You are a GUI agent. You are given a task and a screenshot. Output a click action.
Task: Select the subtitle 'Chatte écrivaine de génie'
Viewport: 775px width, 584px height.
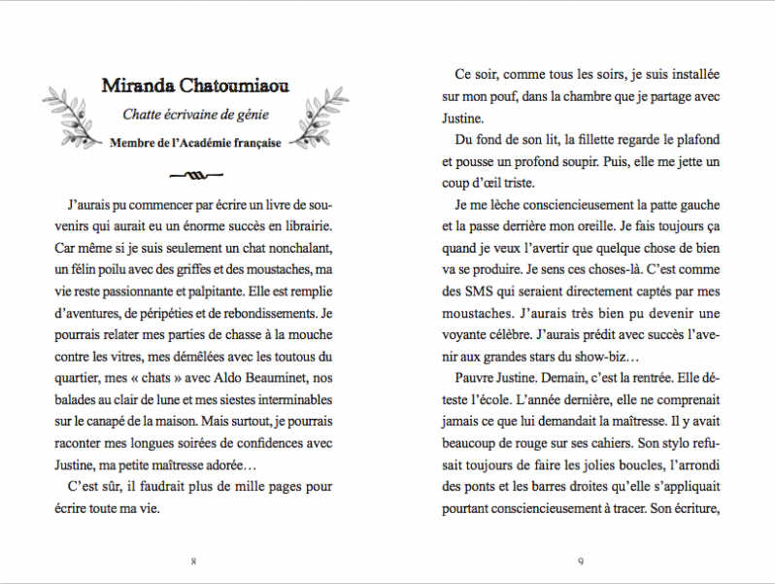coord(194,116)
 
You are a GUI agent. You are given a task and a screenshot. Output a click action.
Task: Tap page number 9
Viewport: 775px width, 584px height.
coord(580,561)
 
